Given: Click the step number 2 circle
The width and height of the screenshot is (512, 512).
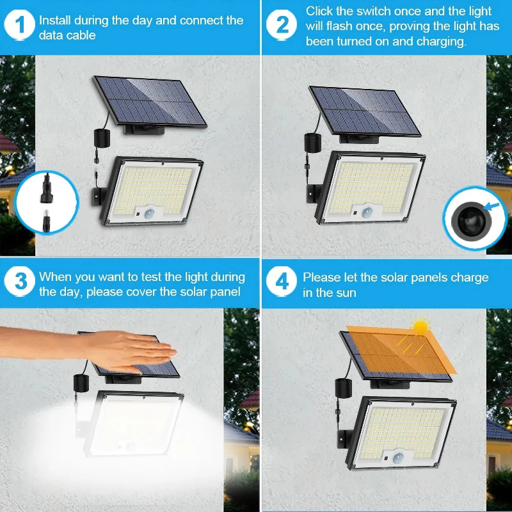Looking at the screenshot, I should coord(282,26).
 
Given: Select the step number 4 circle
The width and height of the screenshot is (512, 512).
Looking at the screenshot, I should coord(282,282).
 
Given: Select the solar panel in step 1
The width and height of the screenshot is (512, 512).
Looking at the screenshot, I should coord(150,101).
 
